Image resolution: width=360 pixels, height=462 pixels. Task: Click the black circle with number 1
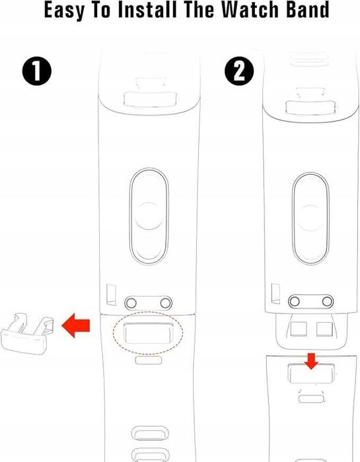pyautogui.click(x=37, y=72)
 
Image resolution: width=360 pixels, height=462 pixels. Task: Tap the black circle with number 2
pyautogui.click(x=239, y=72)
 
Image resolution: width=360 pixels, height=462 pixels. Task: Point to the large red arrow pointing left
pyautogui.click(x=75, y=325)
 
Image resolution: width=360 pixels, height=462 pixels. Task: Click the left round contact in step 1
pyautogui.click(x=131, y=302)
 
